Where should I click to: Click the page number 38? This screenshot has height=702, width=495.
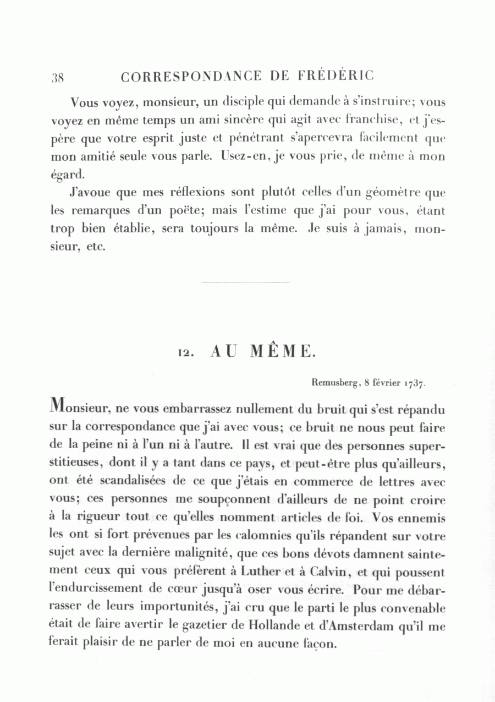[58, 77]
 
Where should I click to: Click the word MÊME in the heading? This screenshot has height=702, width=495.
[282, 351]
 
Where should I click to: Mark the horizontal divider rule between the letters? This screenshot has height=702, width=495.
[245, 282]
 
